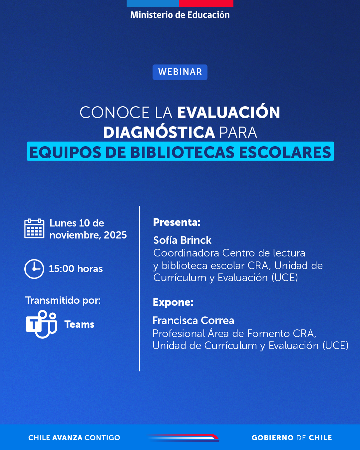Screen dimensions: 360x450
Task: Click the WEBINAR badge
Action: pos(180,72)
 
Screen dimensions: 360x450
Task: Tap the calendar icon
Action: pos(34,228)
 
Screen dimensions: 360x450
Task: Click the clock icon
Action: pos(34,269)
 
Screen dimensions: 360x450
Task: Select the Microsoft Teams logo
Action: pos(41,324)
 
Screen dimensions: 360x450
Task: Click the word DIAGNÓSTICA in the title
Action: pos(159,132)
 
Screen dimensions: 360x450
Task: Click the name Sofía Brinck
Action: pos(182,240)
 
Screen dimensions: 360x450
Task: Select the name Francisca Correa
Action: pos(193,320)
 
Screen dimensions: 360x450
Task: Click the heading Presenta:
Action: pos(177,222)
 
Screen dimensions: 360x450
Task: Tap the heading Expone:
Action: pos(173,302)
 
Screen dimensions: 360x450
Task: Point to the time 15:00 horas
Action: pos(76,269)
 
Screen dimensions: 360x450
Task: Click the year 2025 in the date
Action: pos(116,235)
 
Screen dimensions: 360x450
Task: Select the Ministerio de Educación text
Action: pos(180,15)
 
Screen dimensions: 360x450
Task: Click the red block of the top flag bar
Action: pos(206,3)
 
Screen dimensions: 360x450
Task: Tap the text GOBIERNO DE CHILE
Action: pos(292,438)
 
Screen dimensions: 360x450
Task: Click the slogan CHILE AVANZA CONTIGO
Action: pos(74,438)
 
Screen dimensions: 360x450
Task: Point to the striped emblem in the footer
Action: pos(183,438)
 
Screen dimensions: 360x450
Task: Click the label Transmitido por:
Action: pos(63,301)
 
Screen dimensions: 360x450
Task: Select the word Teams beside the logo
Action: pos(80,324)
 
